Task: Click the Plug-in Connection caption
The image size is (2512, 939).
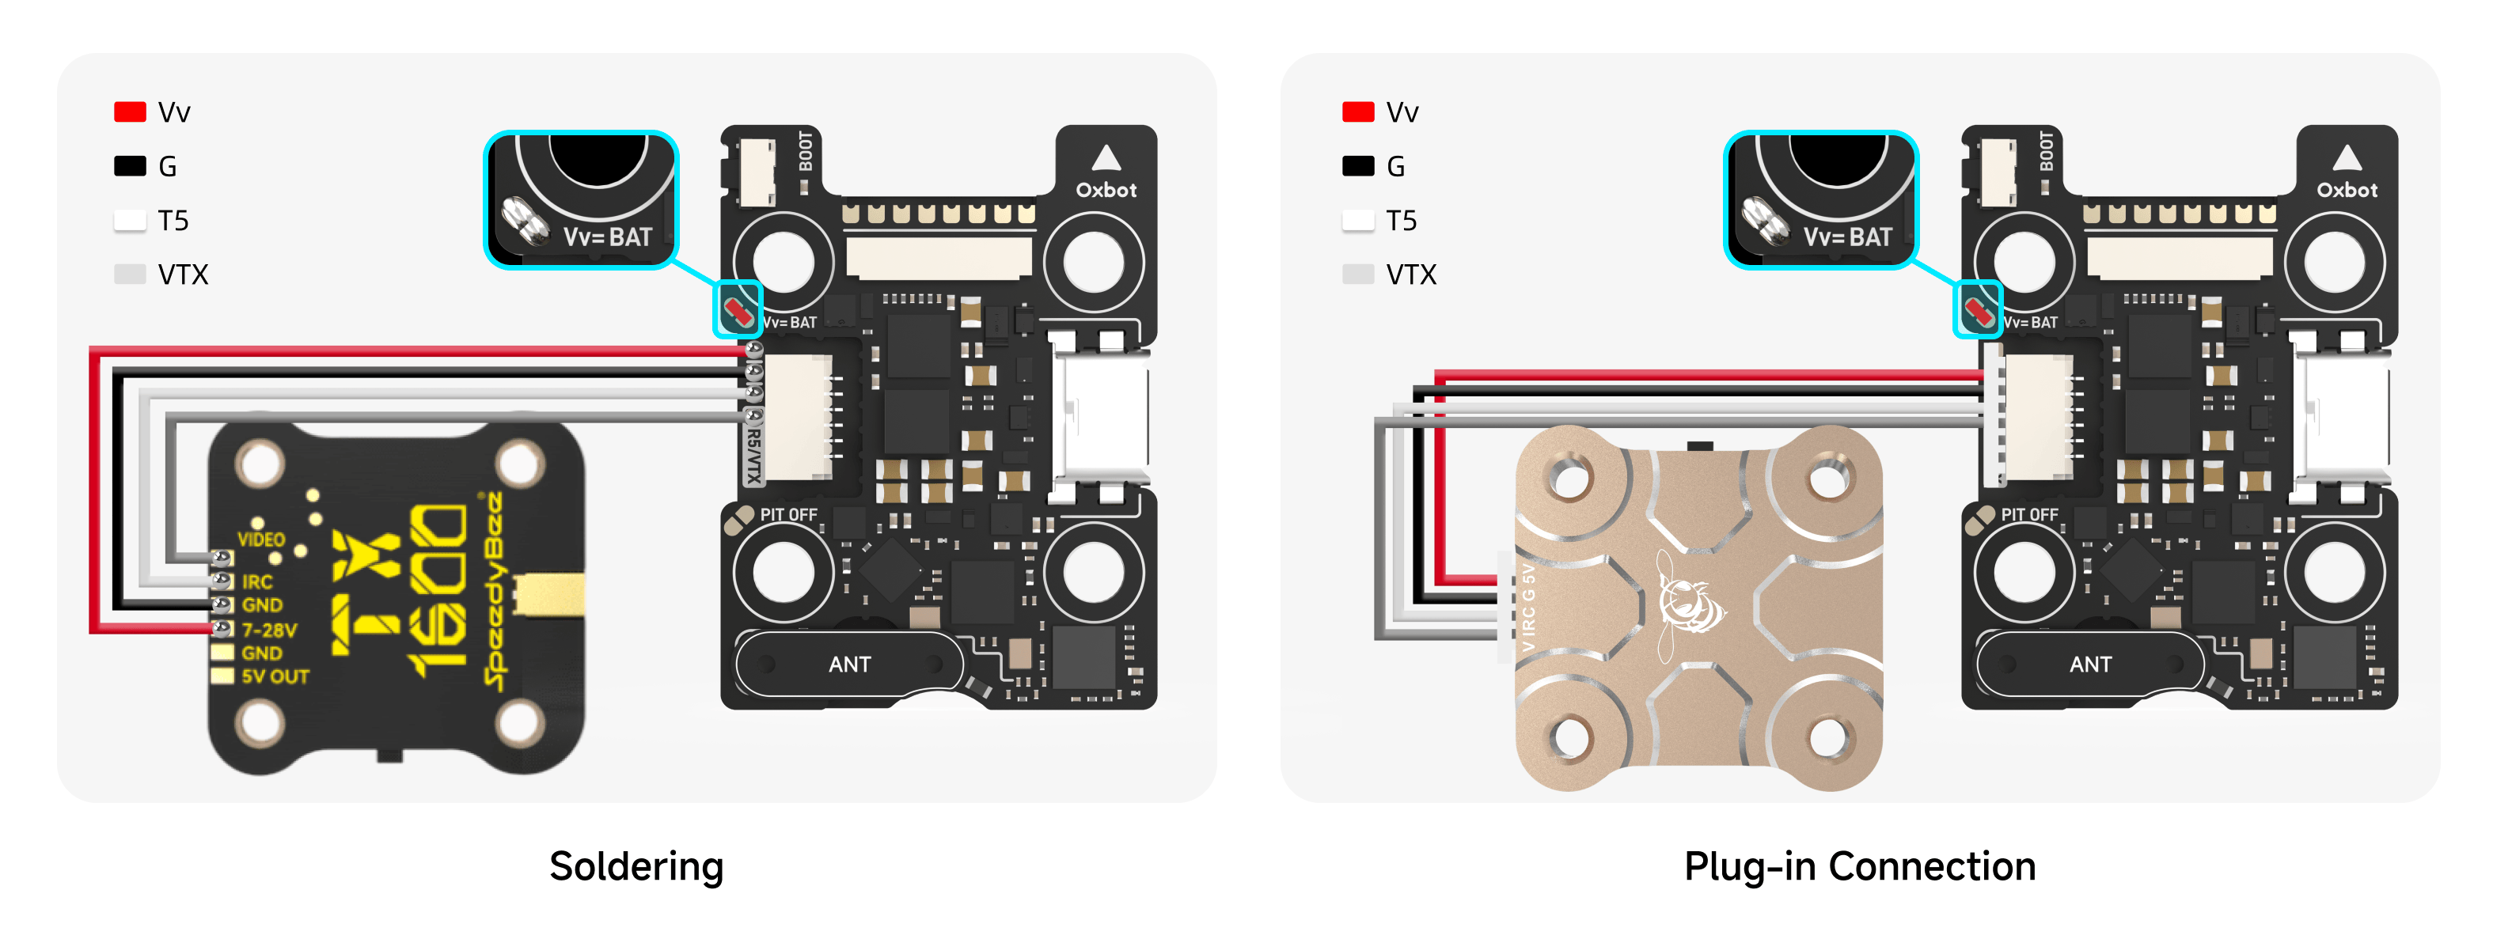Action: click(x=1860, y=866)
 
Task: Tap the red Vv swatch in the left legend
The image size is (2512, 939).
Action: click(x=130, y=112)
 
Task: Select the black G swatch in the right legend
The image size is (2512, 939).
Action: click(x=1357, y=166)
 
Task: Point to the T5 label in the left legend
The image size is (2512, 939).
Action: click(x=173, y=221)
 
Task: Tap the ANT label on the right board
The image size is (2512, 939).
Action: click(x=2089, y=664)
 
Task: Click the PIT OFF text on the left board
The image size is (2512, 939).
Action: click(x=788, y=515)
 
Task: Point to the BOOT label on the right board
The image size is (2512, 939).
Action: click(x=2046, y=151)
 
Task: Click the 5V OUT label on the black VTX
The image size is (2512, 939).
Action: click(x=275, y=676)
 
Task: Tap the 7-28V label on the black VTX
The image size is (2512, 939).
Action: click(x=269, y=630)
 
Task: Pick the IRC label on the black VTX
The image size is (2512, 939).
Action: click(x=256, y=582)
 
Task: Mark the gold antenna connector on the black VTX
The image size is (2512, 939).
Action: click(x=549, y=595)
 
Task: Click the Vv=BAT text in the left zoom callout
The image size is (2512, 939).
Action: click(x=608, y=237)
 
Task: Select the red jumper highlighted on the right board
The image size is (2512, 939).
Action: click(x=1979, y=312)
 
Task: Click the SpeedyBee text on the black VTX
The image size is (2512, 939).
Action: click(x=495, y=590)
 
